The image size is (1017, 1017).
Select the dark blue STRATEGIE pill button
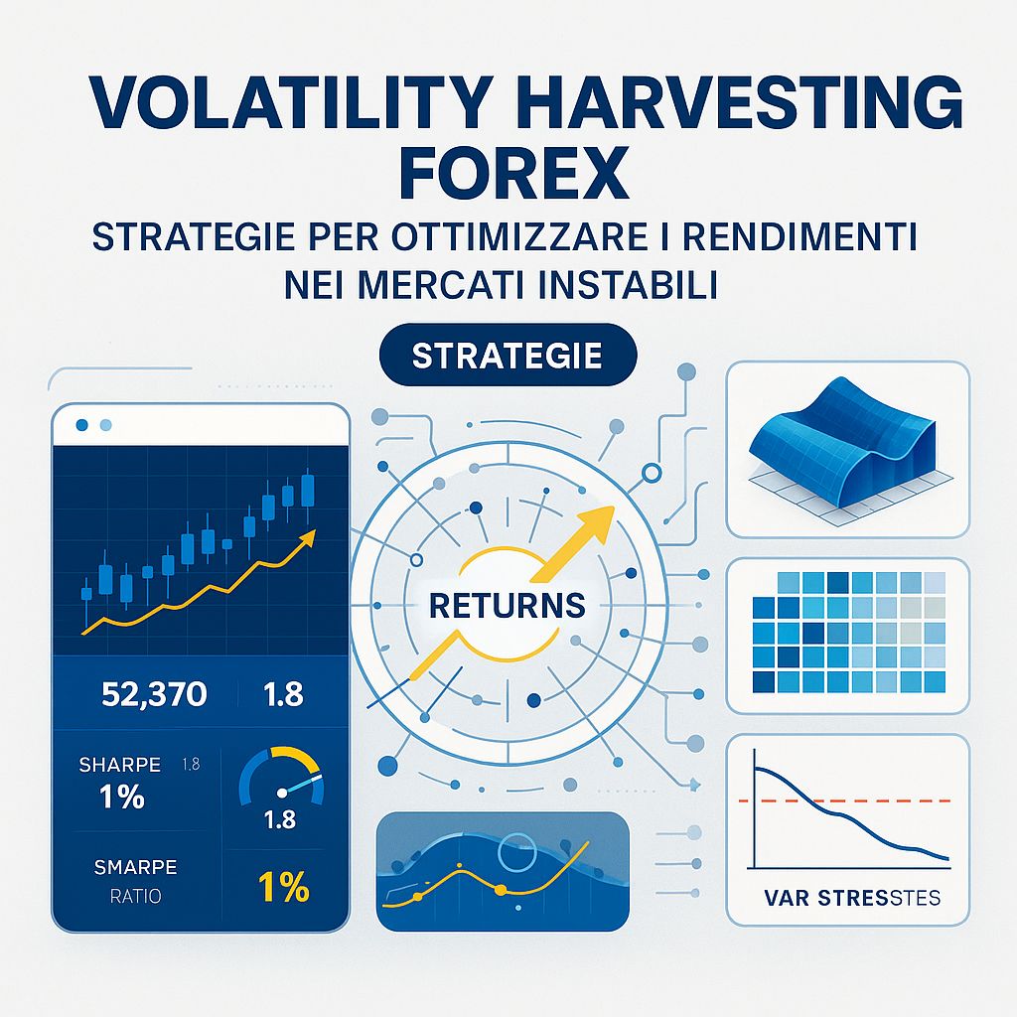(x=508, y=356)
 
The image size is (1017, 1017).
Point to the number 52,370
(x=154, y=694)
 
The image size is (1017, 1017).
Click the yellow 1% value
(x=283, y=886)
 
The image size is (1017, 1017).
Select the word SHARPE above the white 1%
(x=119, y=765)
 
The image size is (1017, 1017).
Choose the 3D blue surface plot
(x=846, y=434)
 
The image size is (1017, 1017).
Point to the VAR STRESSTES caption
(x=852, y=899)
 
